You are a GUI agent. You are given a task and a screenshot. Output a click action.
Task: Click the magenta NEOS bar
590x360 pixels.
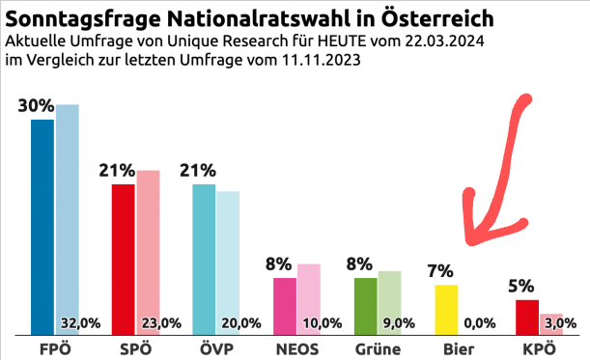(285, 306)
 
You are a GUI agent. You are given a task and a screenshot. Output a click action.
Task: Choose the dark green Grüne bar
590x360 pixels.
(366, 306)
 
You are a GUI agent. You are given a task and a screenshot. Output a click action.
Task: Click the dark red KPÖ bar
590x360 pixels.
(527, 317)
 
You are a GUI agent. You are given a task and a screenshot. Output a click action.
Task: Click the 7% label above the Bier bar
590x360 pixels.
(442, 271)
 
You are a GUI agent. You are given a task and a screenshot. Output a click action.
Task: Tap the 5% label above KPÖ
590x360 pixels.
(522, 286)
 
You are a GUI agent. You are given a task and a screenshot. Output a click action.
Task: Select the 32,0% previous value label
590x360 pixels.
(80, 323)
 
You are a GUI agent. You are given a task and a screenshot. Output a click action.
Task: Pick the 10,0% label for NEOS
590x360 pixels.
(323, 323)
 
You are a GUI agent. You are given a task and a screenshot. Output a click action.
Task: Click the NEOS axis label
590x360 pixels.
(297, 347)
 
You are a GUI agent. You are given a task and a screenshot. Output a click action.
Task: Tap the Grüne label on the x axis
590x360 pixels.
(378, 347)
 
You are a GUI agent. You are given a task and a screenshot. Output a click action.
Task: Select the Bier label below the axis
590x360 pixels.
(458, 347)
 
